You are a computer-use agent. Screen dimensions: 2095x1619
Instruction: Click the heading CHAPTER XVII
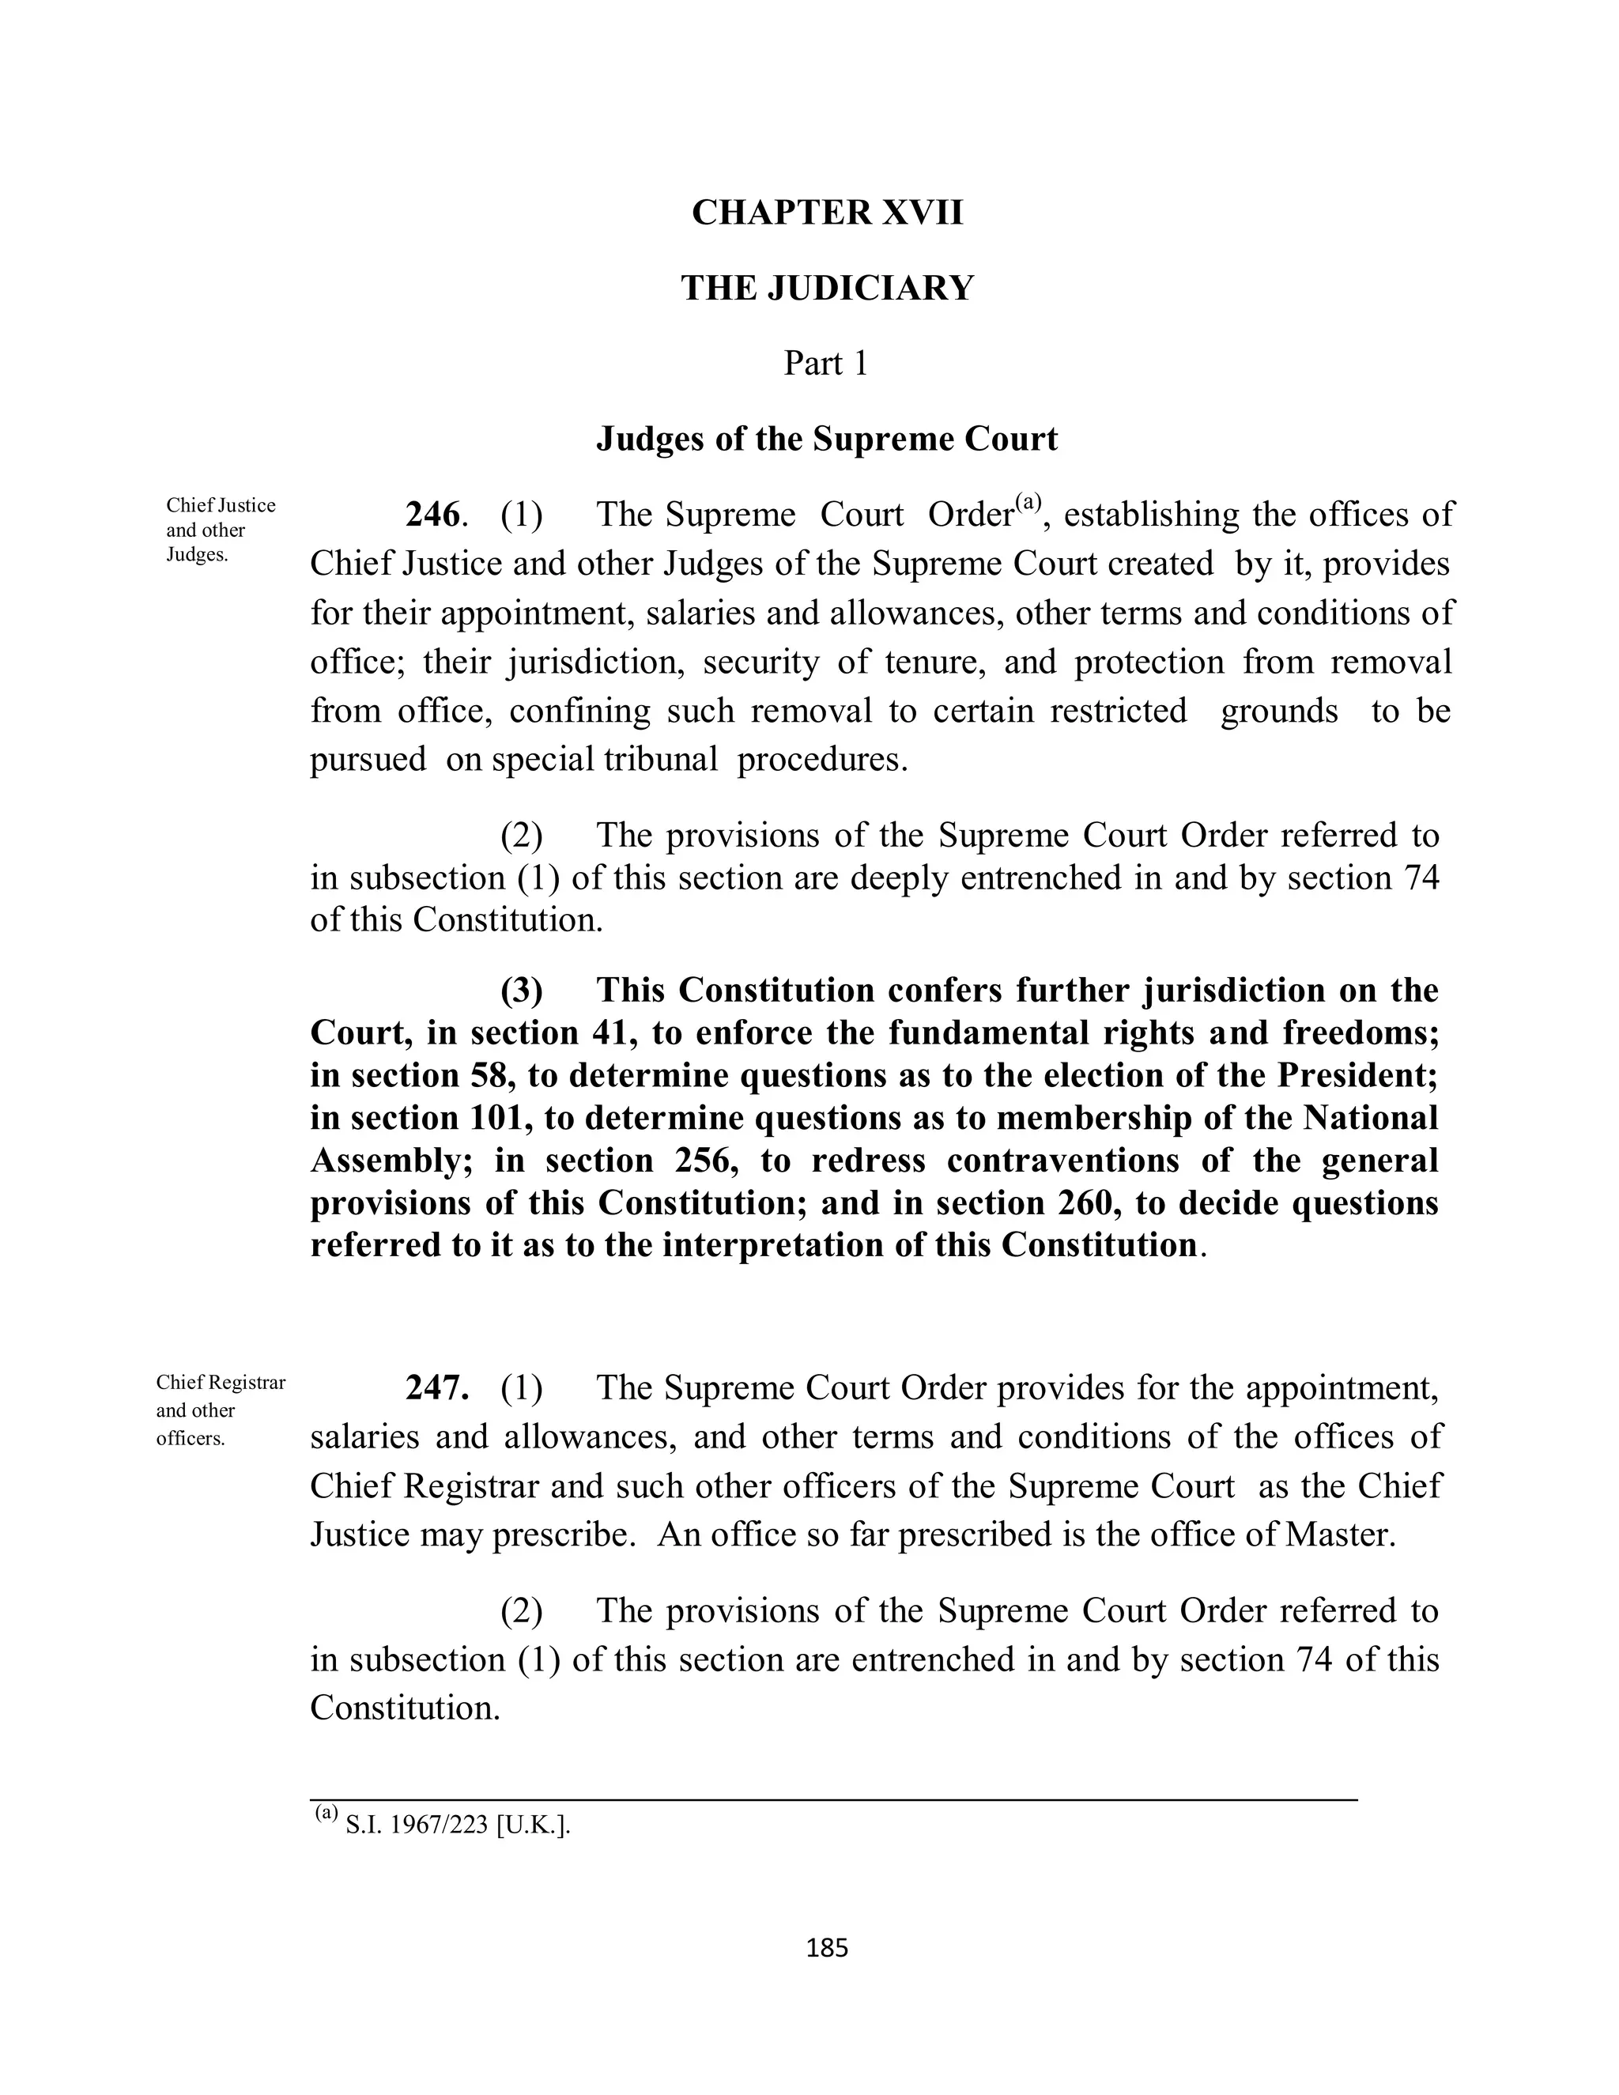coord(827,212)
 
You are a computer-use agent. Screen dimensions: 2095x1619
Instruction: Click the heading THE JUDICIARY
coord(827,288)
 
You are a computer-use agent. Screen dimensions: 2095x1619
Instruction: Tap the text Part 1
coord(825,364)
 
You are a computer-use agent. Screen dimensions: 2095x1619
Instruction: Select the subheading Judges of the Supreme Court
coord(827,440)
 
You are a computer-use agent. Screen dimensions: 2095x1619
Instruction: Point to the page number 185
coord(827,1948)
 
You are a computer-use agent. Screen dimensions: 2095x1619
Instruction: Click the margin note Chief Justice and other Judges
coord(220,530)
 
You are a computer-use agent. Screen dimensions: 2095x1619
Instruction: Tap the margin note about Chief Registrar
coord(220,1410)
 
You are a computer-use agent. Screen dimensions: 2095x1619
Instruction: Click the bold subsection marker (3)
coord(521,990)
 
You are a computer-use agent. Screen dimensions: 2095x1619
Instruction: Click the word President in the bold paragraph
coord(1357,1075)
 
